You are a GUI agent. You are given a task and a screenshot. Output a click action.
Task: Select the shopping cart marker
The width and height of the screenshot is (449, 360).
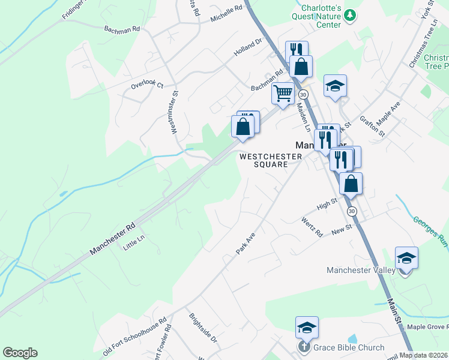[282, 93]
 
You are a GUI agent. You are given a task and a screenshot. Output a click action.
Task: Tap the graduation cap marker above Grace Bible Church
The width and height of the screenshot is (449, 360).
[306, 328]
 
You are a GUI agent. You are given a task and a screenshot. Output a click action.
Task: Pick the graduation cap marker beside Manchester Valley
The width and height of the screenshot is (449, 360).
[406, 258]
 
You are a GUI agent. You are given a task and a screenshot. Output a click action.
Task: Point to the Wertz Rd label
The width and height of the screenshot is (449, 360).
[312, 227]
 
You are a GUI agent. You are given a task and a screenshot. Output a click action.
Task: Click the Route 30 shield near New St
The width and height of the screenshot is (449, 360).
[352, 211]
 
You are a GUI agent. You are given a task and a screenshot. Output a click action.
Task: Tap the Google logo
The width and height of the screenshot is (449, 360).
[20, 353]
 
